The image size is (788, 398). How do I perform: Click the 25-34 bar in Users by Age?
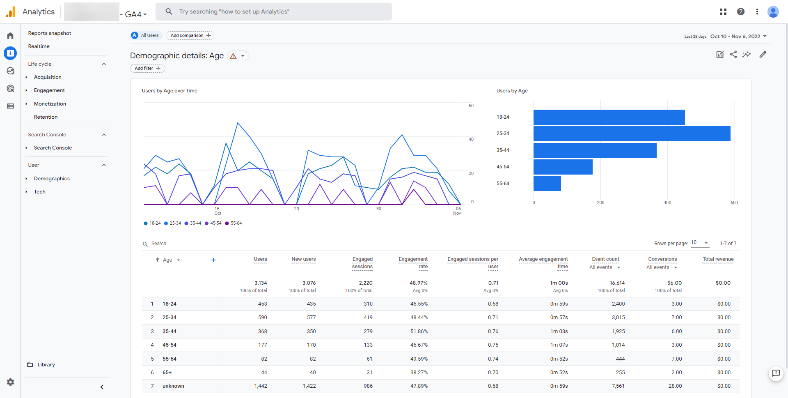[x=632, y=133]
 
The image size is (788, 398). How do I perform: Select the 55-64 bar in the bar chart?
[x=547, y=184]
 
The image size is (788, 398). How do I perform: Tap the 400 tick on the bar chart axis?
[x=667, y=202]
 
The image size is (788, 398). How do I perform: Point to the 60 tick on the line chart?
[x=471, y=106]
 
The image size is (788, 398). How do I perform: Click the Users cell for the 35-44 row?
[x=262, y=331]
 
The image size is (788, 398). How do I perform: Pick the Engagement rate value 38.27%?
[x=419, y=373]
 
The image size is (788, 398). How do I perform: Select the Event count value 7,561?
[x=618, y=386]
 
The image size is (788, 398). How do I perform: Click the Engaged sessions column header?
[x=362, y=263]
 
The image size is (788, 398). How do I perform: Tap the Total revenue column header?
[x=718, y=259]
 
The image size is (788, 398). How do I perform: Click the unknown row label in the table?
[x=173, y=386]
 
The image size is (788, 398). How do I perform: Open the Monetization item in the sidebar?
[x=50, y=104]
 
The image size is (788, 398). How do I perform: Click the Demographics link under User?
[x=52, y=179]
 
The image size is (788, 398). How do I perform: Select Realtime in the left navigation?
[x=39, y=46]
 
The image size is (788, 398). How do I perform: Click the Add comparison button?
[x=190, y=35]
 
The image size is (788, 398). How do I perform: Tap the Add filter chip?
[x=147, y=68]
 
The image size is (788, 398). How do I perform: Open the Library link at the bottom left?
[x=46, y=365]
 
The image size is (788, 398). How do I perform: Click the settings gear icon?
[x=10, y=382]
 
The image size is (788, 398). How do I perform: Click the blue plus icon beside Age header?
[x=213, y=260]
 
